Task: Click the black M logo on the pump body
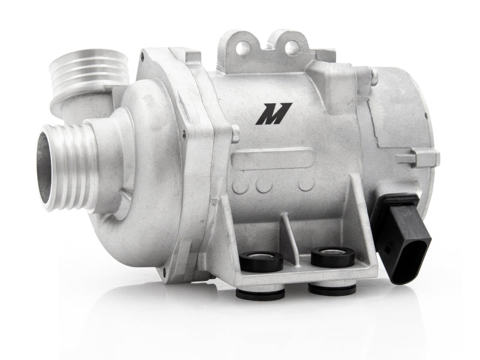pyautogui.click(x=274, y=113)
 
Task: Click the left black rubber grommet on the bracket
pyautogui.click(x=261, y=261)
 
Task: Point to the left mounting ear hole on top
pyautogui.click(x=244, y=47)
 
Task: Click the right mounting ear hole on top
pyautogui.click(x=292, y=47)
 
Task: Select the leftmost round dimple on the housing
pyautogui.click(x=241, y=185)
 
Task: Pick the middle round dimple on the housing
pyautogui.click(x=264, y=185)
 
